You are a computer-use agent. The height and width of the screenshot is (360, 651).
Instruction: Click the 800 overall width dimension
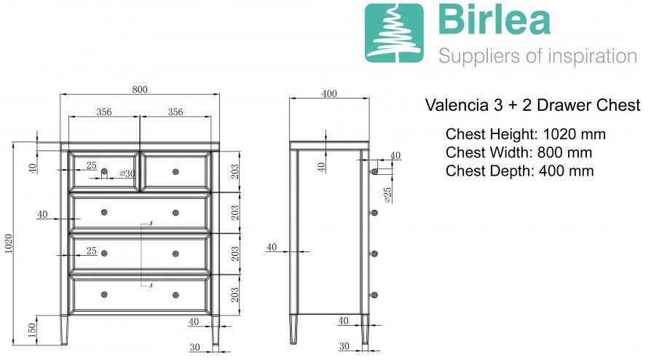pos(140,90)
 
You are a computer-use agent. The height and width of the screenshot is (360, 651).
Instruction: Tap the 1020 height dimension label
pos(9,243)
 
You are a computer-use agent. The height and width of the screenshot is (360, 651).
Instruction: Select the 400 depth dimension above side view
pos(329,93)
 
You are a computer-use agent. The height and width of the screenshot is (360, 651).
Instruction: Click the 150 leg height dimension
pos(32,330)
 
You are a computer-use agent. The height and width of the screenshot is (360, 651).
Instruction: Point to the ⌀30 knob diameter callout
pos(127,173)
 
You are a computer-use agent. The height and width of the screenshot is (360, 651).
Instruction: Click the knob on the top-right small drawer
pos(175,172)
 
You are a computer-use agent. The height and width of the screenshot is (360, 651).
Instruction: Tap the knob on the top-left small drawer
pos(104,171)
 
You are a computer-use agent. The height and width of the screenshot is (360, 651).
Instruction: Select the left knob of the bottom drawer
pos(104,294)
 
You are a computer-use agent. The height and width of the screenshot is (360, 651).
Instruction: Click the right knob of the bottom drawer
pos(175,295)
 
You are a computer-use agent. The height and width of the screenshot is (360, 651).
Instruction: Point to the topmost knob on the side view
pos(374,171)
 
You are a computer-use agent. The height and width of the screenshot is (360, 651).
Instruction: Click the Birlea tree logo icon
pos(394,34)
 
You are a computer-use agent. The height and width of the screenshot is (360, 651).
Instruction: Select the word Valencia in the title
pos(457,105)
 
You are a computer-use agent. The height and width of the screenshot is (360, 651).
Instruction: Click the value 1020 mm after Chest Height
pos(575,134)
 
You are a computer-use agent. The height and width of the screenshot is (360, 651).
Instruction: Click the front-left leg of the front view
pos(64,329)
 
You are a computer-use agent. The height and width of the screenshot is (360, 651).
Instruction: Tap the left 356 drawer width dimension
pos(104,111)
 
